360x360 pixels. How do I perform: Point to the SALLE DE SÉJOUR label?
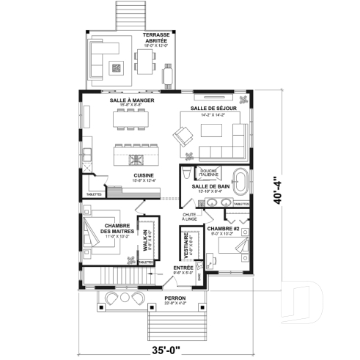(213, 108)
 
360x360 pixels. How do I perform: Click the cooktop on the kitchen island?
(135, 157)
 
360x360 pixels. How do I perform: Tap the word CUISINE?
(142, 175)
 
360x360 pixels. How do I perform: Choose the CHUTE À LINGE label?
(189, 217)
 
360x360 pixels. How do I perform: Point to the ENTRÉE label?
(183, 270)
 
